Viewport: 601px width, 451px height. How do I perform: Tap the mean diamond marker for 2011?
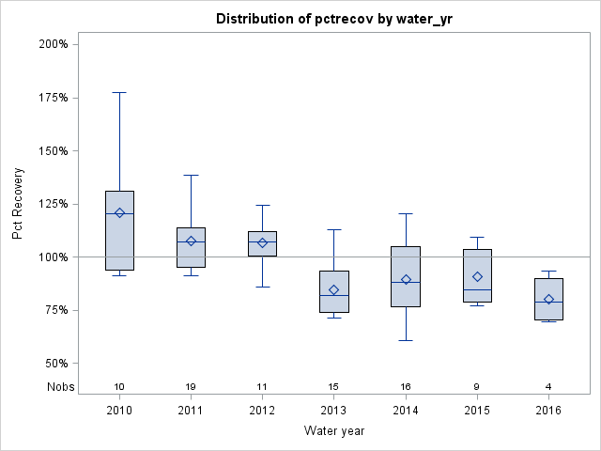[191, 241]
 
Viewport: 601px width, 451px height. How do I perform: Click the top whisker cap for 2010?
[119, 92]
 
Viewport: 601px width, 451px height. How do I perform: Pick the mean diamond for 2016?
[548, 300]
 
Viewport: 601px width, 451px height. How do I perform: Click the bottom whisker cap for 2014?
[406, 340]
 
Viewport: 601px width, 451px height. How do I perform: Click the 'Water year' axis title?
[333, 431]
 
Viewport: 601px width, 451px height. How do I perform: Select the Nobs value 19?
[191, 387]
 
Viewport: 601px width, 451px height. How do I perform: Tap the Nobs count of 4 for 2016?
[548, 387]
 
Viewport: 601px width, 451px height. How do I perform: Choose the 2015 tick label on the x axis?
[477, 411]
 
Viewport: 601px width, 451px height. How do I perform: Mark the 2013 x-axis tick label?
[333, 411]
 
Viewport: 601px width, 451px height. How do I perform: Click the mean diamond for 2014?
[406, 279]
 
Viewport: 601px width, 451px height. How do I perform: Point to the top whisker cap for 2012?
[262, 205]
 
